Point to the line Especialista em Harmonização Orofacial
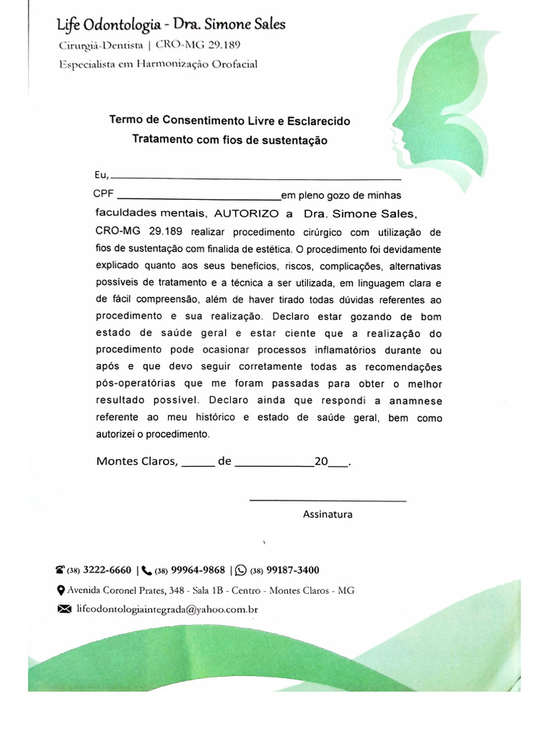pos(158,64)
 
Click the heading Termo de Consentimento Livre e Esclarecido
pos(229,121)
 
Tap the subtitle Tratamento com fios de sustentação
pos(229,141)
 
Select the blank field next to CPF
pos(198,196)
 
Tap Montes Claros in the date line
pos(137,461)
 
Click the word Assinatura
pos(327,514)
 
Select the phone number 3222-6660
pos(107,570)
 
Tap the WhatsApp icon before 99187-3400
pos(240,570)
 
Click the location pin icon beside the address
pos(61,590)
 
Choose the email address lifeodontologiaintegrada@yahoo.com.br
pos(167,610)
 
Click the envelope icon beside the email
pos(64,610)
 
